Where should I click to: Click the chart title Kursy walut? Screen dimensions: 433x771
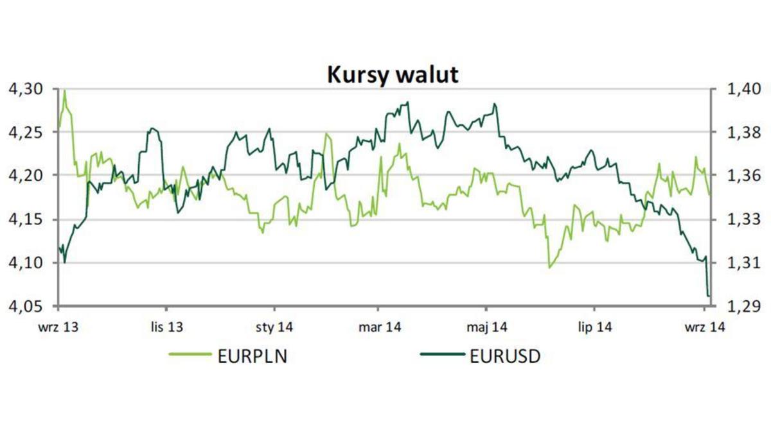coord(393,74)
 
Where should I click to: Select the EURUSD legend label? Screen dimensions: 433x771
coord(505,356)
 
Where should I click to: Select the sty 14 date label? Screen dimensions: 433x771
coord(274,327)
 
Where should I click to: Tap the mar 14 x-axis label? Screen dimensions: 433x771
coord(380,327)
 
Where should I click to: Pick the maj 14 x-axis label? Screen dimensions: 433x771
coord(486,327)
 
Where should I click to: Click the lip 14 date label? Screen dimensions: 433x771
coord(594,327)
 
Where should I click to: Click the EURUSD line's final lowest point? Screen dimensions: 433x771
coord(709,296)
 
